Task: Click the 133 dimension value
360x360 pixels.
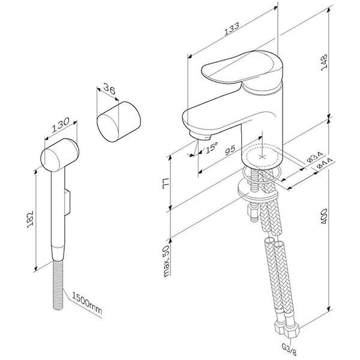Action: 232,28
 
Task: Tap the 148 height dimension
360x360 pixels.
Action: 324,62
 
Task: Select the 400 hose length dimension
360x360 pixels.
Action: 324,216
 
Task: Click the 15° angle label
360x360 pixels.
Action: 211,148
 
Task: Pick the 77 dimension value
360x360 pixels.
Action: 166,183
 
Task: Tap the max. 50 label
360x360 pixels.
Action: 166,261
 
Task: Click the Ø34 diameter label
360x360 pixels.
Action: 315,157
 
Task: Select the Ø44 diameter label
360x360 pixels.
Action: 324,164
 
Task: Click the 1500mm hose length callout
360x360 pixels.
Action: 87,303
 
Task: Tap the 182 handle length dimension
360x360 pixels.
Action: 30,219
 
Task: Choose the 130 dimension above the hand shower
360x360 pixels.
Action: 61,125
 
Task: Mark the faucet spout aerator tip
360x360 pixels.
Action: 200,136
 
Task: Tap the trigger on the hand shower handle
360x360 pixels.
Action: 67,202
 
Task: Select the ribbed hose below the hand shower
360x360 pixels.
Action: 58,284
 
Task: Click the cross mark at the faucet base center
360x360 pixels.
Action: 262,157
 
